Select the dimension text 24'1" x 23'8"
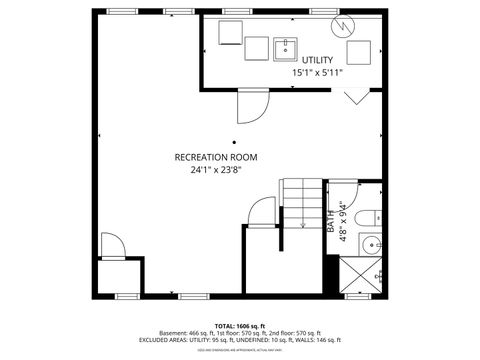pyautogui.click(x=217, y=169)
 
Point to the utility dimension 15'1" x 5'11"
pyautogui.click(x=318, y=73)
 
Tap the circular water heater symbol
pyautogui.click(x=343, y=23)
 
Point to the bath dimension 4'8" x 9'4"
pyautogui.click(x=343, y=221)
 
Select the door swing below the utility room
pyautogui.click(x=250, y=103)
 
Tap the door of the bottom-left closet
pyautogui.click(x=112, y=246)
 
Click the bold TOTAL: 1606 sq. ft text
pyautogui.click(x=237, y=326)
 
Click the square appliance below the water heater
pyautogui.click(x=358, y=52)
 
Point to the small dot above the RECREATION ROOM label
pyautogui.click(x=235, y=142)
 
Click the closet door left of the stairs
pyautogui.click(x=262, y=212)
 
